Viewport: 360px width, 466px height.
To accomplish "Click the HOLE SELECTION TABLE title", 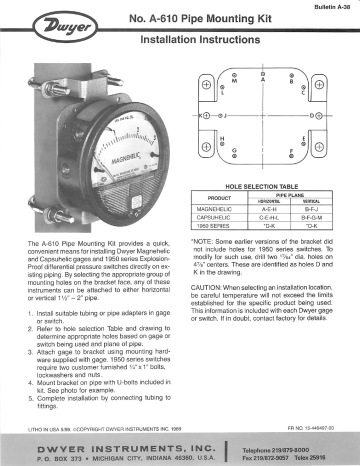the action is click(262, 187).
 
